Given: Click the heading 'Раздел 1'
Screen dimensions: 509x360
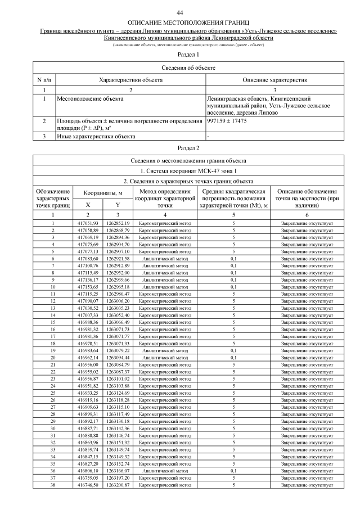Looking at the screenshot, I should [x=188, y=55].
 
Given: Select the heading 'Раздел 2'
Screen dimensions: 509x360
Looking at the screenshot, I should [x=188, y=148].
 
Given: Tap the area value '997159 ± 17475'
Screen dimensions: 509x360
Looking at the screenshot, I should [x=227, y=120].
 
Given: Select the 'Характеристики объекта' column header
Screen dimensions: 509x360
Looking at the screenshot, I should [x=130, y=80].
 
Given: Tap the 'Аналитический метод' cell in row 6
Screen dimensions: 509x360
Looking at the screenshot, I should [x=165, y=258].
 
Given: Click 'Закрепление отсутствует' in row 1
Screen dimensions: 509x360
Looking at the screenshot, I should [x=307, y=224].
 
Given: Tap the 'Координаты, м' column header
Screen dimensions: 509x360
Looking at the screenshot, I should [x=103, y=193].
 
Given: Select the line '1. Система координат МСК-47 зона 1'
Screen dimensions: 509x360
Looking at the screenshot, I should [x=188, y=170].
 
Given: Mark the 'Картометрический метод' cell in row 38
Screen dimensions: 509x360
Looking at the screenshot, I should [x=165, y=484].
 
